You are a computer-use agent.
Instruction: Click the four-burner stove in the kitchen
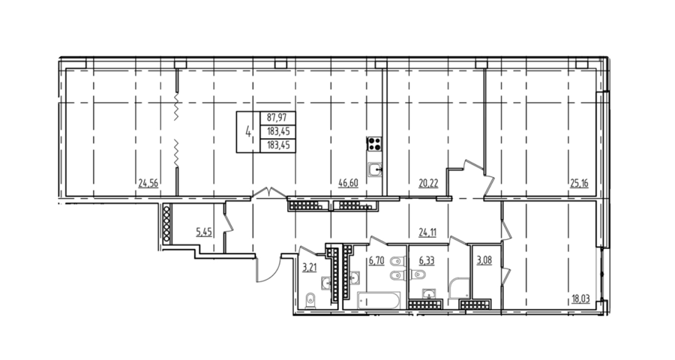(374, 143)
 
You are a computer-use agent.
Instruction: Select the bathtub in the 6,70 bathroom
(379, 300)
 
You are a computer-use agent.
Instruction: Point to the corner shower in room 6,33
(459, 288)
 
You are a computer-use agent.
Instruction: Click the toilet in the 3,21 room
(310, 301)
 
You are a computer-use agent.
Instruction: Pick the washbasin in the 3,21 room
(326, 283)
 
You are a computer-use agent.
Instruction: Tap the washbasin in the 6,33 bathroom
(428, 294)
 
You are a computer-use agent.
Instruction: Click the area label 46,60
(348, 184)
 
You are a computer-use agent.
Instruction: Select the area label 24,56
(148, 184)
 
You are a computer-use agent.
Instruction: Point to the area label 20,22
(428, 184)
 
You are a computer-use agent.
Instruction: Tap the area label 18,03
(581, 299)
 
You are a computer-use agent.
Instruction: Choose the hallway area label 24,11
(427, 233)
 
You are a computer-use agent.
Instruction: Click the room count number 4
(248, 131)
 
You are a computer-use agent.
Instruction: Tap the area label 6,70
(376, 261)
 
